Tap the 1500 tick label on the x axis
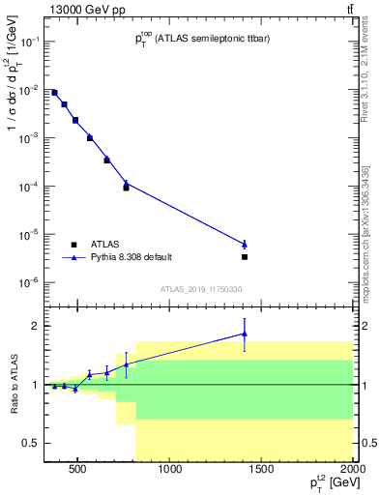(x=262, y=471)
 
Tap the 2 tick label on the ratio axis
(x=34, y=326)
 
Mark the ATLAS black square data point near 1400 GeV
(x=245, y=257)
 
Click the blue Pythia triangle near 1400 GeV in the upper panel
(x=245, y=244)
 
